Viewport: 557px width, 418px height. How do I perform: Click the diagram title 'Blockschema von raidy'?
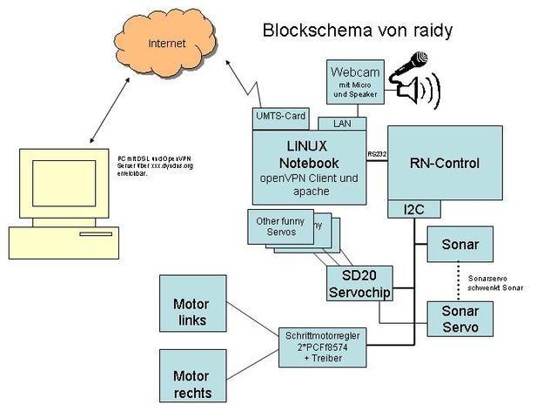coord(357,31)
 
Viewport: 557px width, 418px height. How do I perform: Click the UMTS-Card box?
coord(280,115)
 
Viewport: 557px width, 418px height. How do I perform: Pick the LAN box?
coord(342,124)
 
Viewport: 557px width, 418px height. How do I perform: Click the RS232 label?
coord(377,153)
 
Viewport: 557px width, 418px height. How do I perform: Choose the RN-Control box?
coord(444,163)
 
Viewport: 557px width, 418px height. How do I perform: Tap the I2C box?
coord(413,209)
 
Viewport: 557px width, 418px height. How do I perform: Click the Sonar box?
coord(460,243)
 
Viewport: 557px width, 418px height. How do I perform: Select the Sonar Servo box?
coord(460,319)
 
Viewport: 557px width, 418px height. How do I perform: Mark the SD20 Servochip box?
coord(359,283)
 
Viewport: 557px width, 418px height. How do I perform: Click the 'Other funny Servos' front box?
coord(280,226)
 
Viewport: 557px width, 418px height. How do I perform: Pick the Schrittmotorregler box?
coord(323,347)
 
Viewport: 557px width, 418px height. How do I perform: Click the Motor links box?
coord(191,312)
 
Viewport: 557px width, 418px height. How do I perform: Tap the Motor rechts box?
coord(191,384)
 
